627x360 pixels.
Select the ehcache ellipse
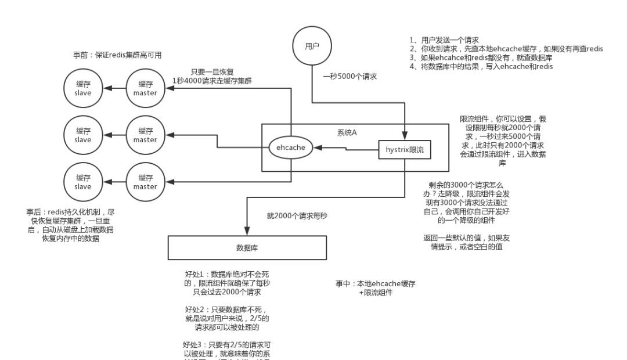(x=291, y=147)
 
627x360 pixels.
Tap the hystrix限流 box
(x=405, y=150)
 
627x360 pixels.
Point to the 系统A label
(x=347, y=133)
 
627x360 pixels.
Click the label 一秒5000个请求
(x=350, y=75)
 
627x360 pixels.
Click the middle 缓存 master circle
(x=145, y=135)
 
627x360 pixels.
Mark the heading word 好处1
(x=196, y=273)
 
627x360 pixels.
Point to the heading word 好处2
(x=196, y=309)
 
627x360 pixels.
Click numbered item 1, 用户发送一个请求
(x=444, y=40)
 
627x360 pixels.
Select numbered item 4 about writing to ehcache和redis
(x=481, y=66)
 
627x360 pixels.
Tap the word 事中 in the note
(x=343, y=284)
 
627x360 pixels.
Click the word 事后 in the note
(x=34, y=212)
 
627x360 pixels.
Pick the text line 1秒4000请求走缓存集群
(x=212, y=80)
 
